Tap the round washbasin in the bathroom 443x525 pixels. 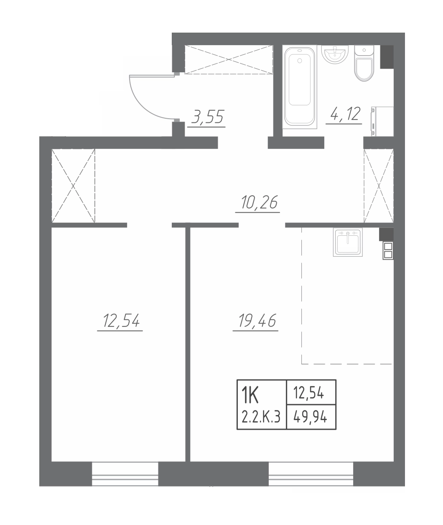click(335, 54)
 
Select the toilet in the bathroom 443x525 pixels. click(364, 63)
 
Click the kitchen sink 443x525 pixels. click(348, 242)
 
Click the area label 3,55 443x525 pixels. click(207, 117)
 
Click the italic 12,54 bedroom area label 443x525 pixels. click(121, 321)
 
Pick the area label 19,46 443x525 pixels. click(257, 321)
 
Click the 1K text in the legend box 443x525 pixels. click(250, 395)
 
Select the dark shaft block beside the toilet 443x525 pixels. click(387, 57)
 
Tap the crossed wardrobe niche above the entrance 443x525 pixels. click(229, 60)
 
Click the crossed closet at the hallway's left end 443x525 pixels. click(73, 186)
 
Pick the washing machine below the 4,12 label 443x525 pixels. click(382, 122)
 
